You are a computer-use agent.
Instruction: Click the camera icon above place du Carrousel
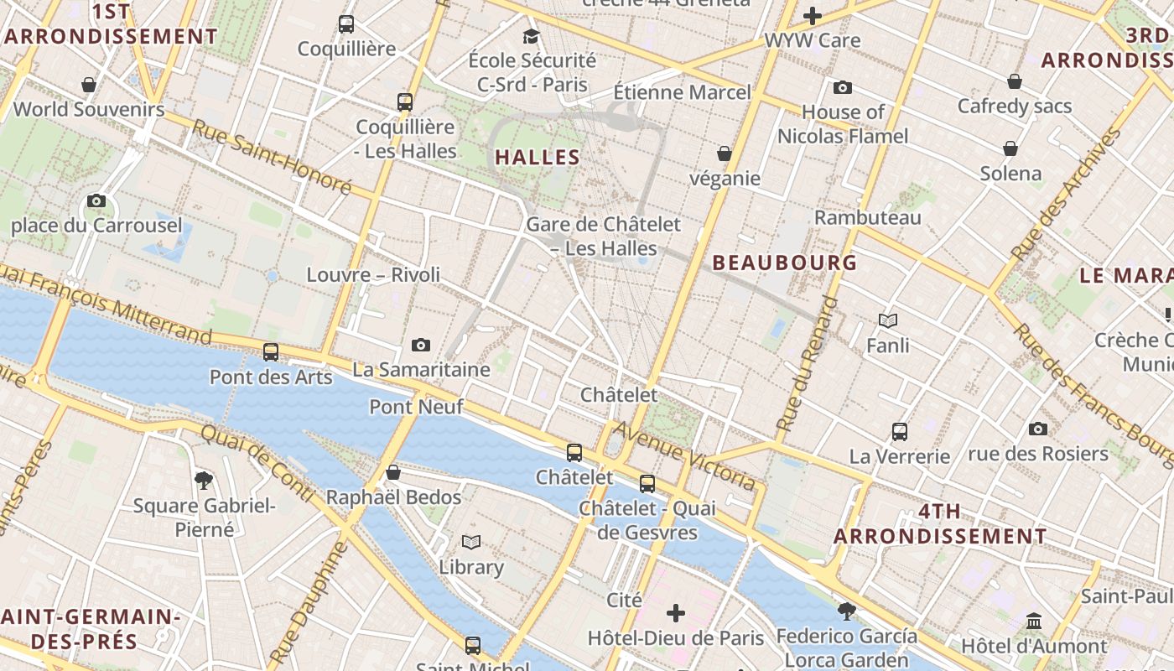click(96, 201)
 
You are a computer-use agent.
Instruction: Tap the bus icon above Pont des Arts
click(270, 352)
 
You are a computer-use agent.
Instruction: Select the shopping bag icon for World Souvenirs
click(89, 85)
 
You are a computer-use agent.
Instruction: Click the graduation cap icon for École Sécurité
click(531, 36)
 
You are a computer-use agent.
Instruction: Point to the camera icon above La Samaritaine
click(421, 345)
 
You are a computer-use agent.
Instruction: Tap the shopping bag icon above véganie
click(725, 153)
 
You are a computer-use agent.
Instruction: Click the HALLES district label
click(538, 157)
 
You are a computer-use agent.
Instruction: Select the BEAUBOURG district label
click(785, 263)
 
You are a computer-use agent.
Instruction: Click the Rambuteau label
click(868, 217)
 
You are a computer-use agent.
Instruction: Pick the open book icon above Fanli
click(888, 320)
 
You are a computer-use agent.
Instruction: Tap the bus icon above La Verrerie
click(900, 432)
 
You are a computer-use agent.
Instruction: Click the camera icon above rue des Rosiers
click(1038, 429)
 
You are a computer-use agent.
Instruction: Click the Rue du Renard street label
click(807, 364)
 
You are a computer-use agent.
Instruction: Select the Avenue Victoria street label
click(685, 456)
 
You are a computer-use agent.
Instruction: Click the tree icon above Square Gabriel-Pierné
click(203, 481)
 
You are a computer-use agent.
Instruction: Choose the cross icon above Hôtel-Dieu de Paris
click(676, 613)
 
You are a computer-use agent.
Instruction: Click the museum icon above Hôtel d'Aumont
click(1034, 622)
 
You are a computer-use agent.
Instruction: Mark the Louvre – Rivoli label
click(373, 274)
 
